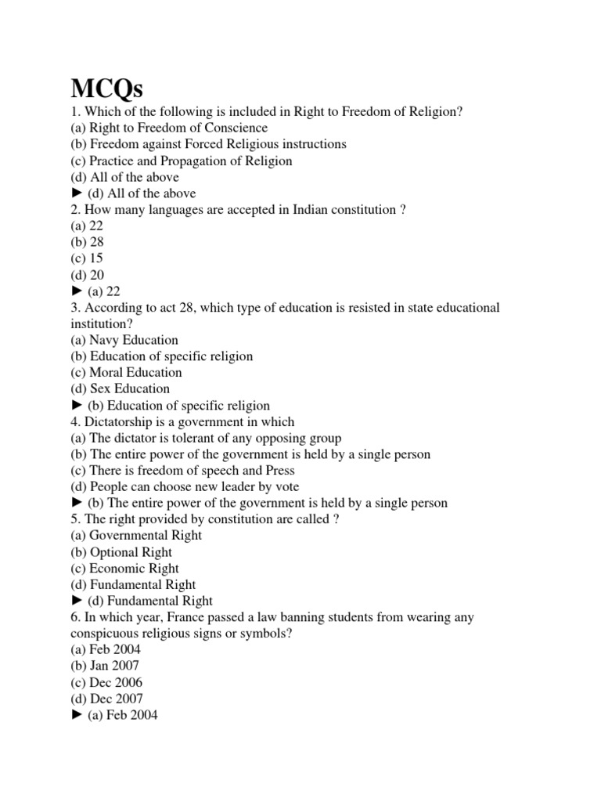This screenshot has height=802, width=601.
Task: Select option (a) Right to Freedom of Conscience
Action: pyautogui.click(x=169, y=128)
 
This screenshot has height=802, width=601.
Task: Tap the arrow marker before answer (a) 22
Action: pyautogui.click(x=77, y=291)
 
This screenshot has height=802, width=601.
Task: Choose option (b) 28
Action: pyautogui.click(x=87, y=242)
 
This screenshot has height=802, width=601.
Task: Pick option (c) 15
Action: pyautogui.click(x=86, y=258)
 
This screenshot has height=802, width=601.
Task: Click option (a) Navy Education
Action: pyautogui.click(x=124, y=340)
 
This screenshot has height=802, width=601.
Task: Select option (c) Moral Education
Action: pyautogui.click(x=126, y=373)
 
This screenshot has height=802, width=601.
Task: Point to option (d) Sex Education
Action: pyautogui.click(x=120, y=389)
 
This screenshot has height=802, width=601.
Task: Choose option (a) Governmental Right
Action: pyautogui.click(x=136, y=536)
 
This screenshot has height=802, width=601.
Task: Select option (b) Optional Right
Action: pyautogui.click(x=121, y=552)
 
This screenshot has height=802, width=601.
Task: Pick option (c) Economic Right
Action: pyautogui.click(x=124, y=569)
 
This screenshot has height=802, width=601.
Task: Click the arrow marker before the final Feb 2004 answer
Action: pyautogui.click(x=77, y=716)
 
